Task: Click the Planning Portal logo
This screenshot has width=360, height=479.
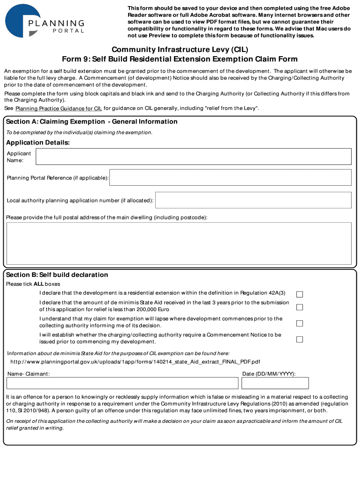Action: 45,21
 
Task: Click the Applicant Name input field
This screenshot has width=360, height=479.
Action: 194,157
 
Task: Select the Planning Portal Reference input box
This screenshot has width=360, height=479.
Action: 230,178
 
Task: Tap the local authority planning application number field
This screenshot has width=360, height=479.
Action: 253,200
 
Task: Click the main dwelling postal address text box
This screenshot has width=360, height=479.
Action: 179,243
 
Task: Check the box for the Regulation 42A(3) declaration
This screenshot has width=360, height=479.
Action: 300,294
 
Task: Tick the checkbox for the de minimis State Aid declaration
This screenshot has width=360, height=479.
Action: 300,307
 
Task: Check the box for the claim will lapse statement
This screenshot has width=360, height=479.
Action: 300,323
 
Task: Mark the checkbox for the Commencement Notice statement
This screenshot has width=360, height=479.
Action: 300,339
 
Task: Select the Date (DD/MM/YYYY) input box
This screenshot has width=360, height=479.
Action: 275,383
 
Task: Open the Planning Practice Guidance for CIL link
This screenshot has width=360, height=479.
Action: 59,109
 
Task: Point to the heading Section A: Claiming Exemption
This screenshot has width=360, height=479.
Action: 92,122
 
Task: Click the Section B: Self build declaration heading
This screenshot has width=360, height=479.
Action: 57,275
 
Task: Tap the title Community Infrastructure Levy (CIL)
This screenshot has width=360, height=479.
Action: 180,50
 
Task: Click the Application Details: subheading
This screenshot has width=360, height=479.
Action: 38,142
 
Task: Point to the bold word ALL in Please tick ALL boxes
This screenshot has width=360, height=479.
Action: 39,284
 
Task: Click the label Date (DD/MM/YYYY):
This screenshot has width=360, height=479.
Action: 269,374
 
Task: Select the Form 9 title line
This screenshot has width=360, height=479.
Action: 180,59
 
